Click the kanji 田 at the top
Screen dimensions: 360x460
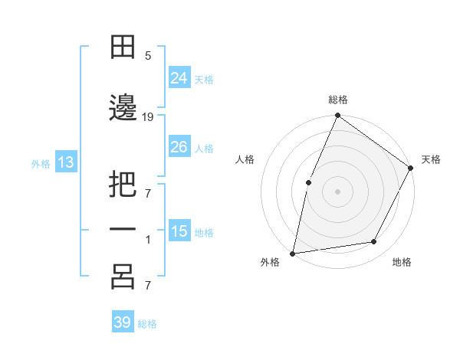tap(123, 48)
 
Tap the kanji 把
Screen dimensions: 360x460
tap(123, 186)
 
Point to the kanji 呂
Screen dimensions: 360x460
tap(123, 277)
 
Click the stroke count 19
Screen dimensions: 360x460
tap(148, 116)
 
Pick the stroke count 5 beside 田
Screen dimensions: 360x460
tap(148, 56)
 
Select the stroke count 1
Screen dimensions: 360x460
tap(148, 240)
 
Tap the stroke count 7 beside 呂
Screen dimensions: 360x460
tap(148, 286)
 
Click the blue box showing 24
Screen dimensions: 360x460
tap(179, 77)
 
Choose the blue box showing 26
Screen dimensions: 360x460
tap(179, 147)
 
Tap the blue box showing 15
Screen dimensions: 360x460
tap(179, 231)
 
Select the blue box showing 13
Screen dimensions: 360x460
tap(65, 162)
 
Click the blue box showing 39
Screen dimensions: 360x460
tap(123, 322)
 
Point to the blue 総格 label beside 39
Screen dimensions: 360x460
tap(147, 324)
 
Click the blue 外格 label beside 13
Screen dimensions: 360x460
tap(41, 163)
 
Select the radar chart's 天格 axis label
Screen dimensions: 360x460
tap(431, 159)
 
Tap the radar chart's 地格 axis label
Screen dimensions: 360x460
tap(402, 262)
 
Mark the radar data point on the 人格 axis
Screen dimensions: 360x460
tap(308, 182)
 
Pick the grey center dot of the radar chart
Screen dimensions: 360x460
tap(337, 191)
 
